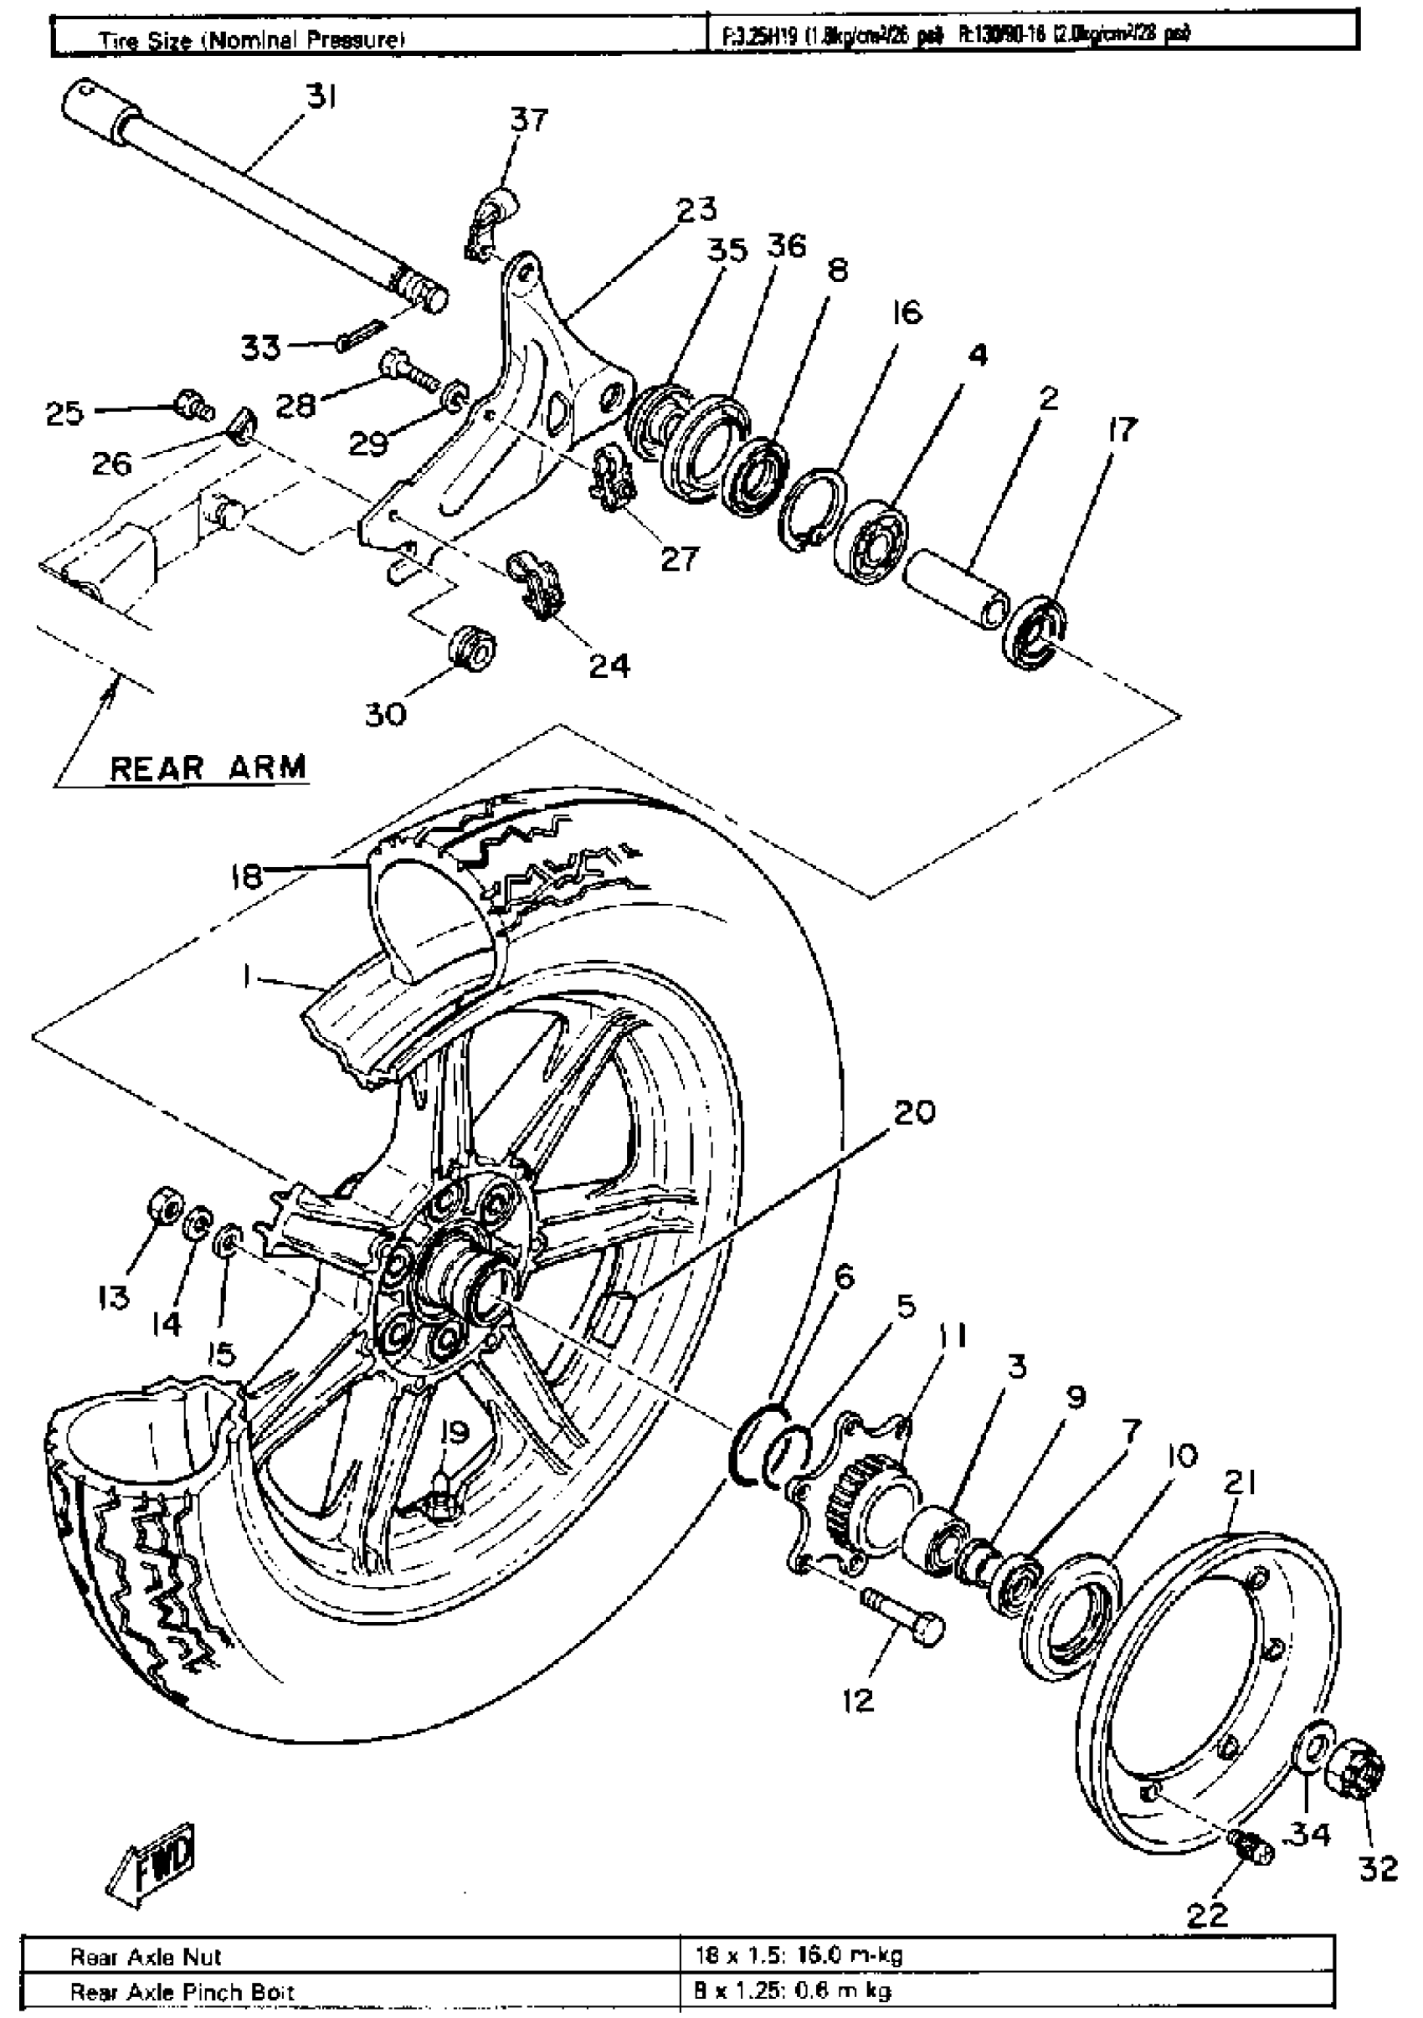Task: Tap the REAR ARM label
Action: (208, 768)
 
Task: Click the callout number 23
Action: (696, 209)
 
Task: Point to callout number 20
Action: (914, 1112)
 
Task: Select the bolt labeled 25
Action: (190, 405)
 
